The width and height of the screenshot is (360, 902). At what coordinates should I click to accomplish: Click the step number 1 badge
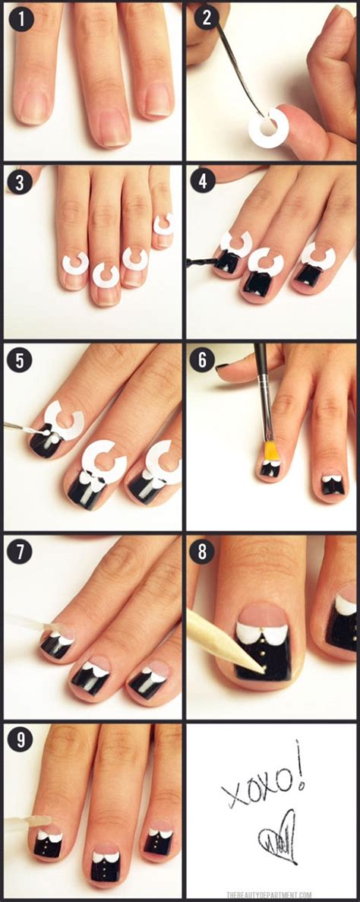pos(21,21)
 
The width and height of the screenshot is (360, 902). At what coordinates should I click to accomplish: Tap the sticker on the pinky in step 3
pos(163,223)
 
